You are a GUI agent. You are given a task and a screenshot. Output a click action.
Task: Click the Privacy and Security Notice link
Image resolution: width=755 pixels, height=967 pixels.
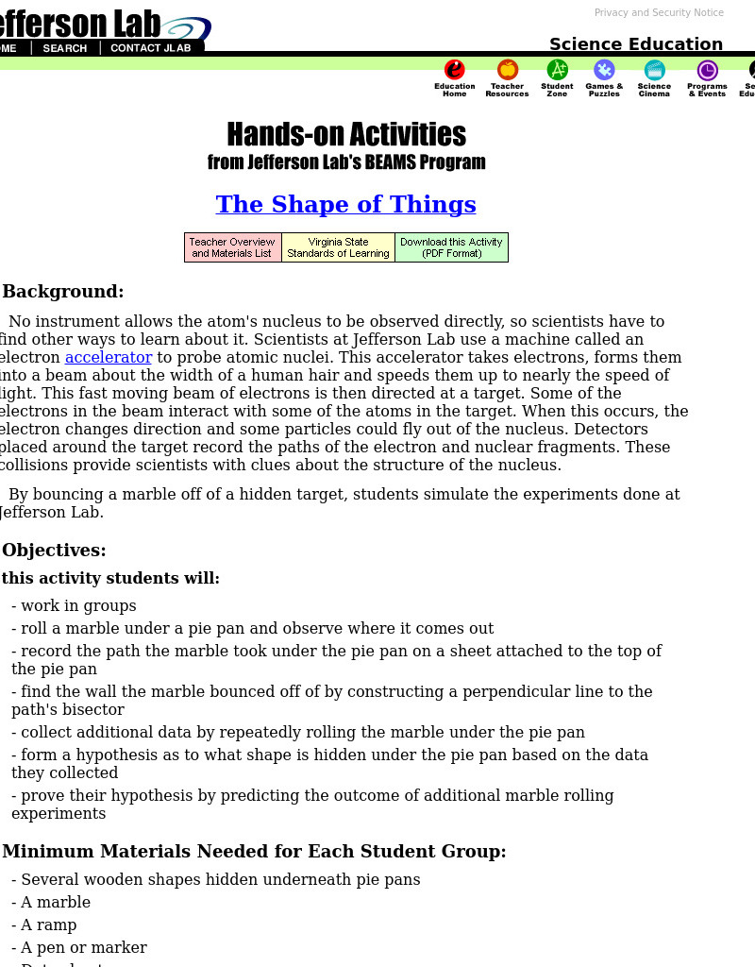(659, 12)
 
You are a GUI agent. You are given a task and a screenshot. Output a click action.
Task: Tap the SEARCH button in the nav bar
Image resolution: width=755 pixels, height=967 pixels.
(64, 48)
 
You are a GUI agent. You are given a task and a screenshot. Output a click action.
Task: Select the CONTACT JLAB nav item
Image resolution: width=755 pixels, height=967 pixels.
(150, 48)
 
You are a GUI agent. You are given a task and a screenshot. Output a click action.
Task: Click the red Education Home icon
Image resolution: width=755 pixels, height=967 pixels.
(455, 71)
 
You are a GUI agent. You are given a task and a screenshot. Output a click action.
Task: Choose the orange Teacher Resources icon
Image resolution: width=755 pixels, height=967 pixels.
(508, 71)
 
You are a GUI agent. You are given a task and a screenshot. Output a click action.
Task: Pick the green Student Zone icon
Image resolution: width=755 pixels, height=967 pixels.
(557, 71)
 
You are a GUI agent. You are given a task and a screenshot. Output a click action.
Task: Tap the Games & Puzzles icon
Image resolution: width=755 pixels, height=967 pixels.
(604, 71)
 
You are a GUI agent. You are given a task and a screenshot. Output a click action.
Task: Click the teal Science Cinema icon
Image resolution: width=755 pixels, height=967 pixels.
(654, 71)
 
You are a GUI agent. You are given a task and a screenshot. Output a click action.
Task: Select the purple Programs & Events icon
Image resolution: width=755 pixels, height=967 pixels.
(707, 71)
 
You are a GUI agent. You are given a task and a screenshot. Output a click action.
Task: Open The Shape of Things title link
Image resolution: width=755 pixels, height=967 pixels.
(345, 204)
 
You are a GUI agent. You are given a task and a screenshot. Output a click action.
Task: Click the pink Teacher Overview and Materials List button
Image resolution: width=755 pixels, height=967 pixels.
(232, 247)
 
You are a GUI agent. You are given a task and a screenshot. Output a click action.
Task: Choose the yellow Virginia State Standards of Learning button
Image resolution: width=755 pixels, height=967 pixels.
(338, 247)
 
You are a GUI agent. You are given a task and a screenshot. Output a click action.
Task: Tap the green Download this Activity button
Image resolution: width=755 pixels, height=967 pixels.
(451, 247)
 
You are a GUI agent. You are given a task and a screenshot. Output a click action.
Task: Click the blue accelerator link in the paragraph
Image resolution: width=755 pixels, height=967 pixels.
(108, 357)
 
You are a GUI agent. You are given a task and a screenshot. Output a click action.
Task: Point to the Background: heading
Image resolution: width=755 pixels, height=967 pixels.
(63, 291)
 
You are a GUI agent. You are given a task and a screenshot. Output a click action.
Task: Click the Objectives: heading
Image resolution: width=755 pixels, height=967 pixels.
(54, 550)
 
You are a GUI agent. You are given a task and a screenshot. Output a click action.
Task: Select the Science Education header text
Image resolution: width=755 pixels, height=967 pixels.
(635, 43)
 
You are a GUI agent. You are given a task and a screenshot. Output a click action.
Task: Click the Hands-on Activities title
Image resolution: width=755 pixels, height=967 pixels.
(345, 134)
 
